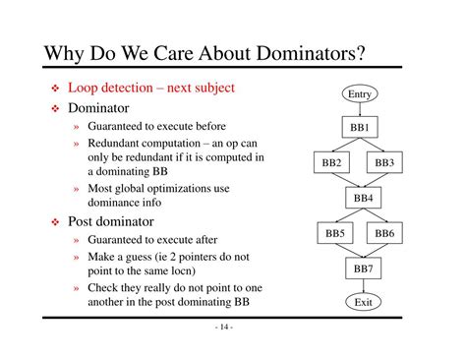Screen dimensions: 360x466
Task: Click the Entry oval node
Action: pyautogui.click(x=360, y=93)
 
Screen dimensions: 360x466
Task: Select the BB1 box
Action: pyautogui.click(x=360, y=128)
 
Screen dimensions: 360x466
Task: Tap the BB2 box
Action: pyautogui.click(x=332, y=162)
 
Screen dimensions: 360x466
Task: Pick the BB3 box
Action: pyautogui.click(x=384, y=162)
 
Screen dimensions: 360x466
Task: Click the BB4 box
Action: pyautogui.click(x=362, y=198)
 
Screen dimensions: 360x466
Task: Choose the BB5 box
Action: pyautogui.click(x=335, y=233)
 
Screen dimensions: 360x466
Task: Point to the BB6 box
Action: pyautogui.click(x=384, y=233)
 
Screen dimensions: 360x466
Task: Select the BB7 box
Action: pyautogui.click(x=362, y=268)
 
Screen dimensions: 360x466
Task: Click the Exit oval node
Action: pyautogui.click(x=362, y=302)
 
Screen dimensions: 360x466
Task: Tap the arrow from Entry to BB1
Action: pyautogui.click(x=360, y=110)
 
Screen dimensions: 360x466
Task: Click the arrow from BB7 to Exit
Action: pyautogui.click(x=362, y=285)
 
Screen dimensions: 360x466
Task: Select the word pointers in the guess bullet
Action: pyautogui.click(x=201, y=256)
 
